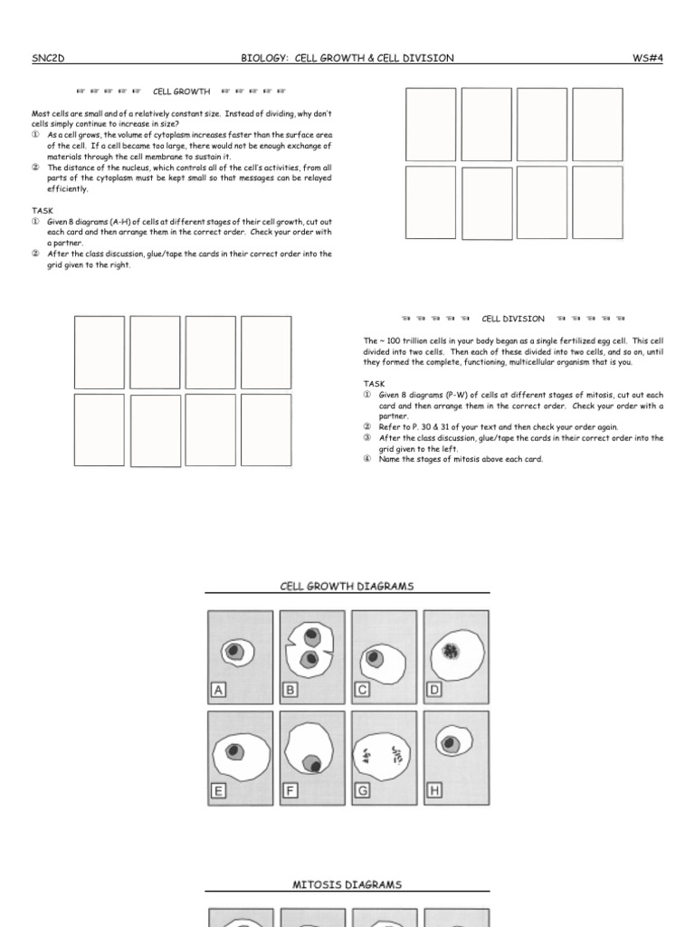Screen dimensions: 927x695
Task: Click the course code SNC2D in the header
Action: point(47,58)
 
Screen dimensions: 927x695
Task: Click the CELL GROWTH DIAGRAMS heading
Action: point(347,586)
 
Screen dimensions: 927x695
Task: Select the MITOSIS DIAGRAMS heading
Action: point(347,884)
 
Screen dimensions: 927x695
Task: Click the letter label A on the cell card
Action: point(217,691)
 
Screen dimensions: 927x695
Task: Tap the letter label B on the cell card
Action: point(290,691)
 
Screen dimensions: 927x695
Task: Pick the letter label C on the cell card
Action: point(362,691)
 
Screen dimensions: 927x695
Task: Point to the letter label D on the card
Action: point(434,691)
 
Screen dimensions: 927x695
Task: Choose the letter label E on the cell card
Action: point(217,790)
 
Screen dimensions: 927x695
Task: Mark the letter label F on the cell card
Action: point(290,790)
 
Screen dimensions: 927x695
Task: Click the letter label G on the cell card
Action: point(362,790)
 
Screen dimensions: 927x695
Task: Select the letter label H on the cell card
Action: point(434,790)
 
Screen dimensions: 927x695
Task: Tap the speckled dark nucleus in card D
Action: point(452,650)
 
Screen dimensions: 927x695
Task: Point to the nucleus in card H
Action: point(450,744)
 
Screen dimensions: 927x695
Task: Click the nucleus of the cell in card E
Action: point(233,750)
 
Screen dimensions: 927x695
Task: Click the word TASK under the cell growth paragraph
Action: point(42,209)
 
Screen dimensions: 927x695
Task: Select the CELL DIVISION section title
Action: point(513,319)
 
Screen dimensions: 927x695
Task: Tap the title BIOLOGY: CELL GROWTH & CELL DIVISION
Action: point(347,58)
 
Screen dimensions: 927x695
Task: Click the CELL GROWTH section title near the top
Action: point(181,91)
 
